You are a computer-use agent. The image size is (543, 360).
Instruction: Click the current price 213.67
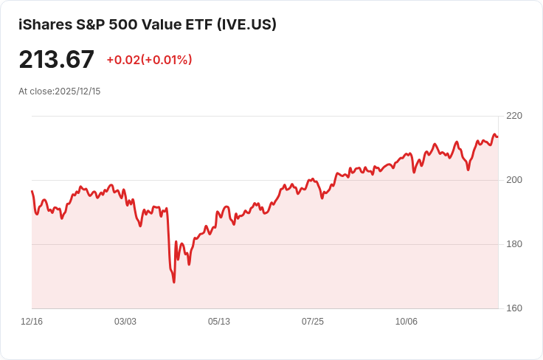coord(57,59)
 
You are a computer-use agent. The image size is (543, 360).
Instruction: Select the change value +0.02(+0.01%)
coord(149,60)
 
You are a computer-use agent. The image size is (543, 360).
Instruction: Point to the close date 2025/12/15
coord(77,91)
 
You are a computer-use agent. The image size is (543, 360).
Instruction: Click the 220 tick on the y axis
coord(514,116)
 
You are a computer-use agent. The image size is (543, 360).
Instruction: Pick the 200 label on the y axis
coord(514,180)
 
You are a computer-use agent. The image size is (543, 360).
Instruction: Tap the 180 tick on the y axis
coord(514,244)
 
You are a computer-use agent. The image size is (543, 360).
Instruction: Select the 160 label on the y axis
coord(514,308)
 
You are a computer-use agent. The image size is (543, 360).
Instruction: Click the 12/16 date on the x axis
coord(32,322)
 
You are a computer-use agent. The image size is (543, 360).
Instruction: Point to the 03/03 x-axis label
coord(125,322)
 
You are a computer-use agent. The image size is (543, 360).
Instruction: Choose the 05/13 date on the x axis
coord(219,322)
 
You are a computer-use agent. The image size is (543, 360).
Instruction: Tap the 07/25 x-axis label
coord(313,322)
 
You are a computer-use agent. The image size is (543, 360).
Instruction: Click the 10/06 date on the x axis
coord(407,322)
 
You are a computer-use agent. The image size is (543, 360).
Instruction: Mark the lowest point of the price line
coord(174,282)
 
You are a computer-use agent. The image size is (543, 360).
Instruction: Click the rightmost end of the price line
coord(497,136)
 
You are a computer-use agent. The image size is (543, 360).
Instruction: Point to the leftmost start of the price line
coord(32,191)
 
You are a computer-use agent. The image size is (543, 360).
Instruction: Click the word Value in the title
coord(156,24)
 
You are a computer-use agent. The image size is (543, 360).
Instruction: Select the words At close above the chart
coord(35,91)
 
